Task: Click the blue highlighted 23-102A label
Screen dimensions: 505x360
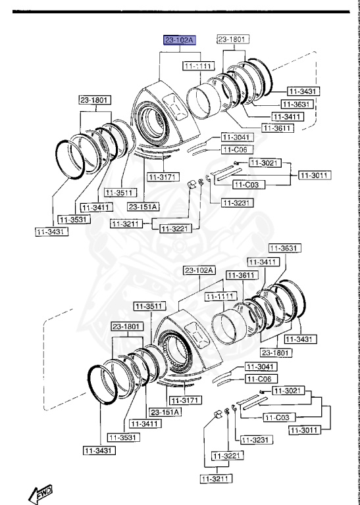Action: point(180,41)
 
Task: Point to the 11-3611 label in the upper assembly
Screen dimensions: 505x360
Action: point(277,128)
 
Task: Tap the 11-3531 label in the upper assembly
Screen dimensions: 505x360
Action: point(73,219)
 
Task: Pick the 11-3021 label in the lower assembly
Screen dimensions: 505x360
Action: point(286,390)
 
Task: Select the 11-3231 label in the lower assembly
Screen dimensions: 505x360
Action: point(255,439)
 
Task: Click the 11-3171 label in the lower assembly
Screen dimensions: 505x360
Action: point(183,400)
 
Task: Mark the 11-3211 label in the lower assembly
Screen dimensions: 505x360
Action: point(215,479)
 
